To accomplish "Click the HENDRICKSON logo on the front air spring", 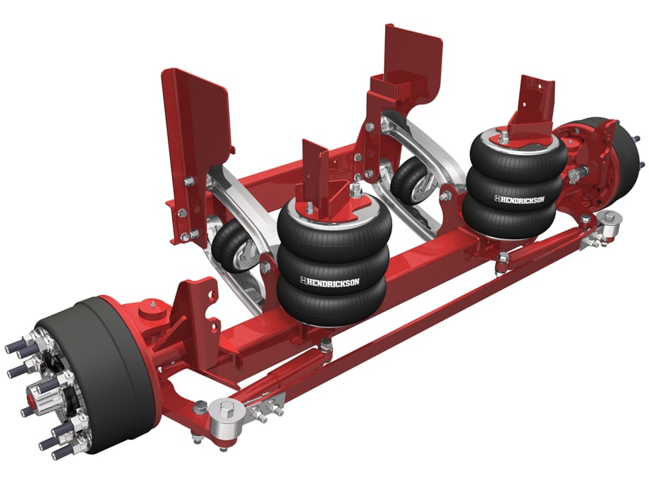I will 329,282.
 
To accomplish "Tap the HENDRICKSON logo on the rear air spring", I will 519,200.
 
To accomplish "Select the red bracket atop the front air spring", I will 315,176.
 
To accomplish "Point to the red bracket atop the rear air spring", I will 535,106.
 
